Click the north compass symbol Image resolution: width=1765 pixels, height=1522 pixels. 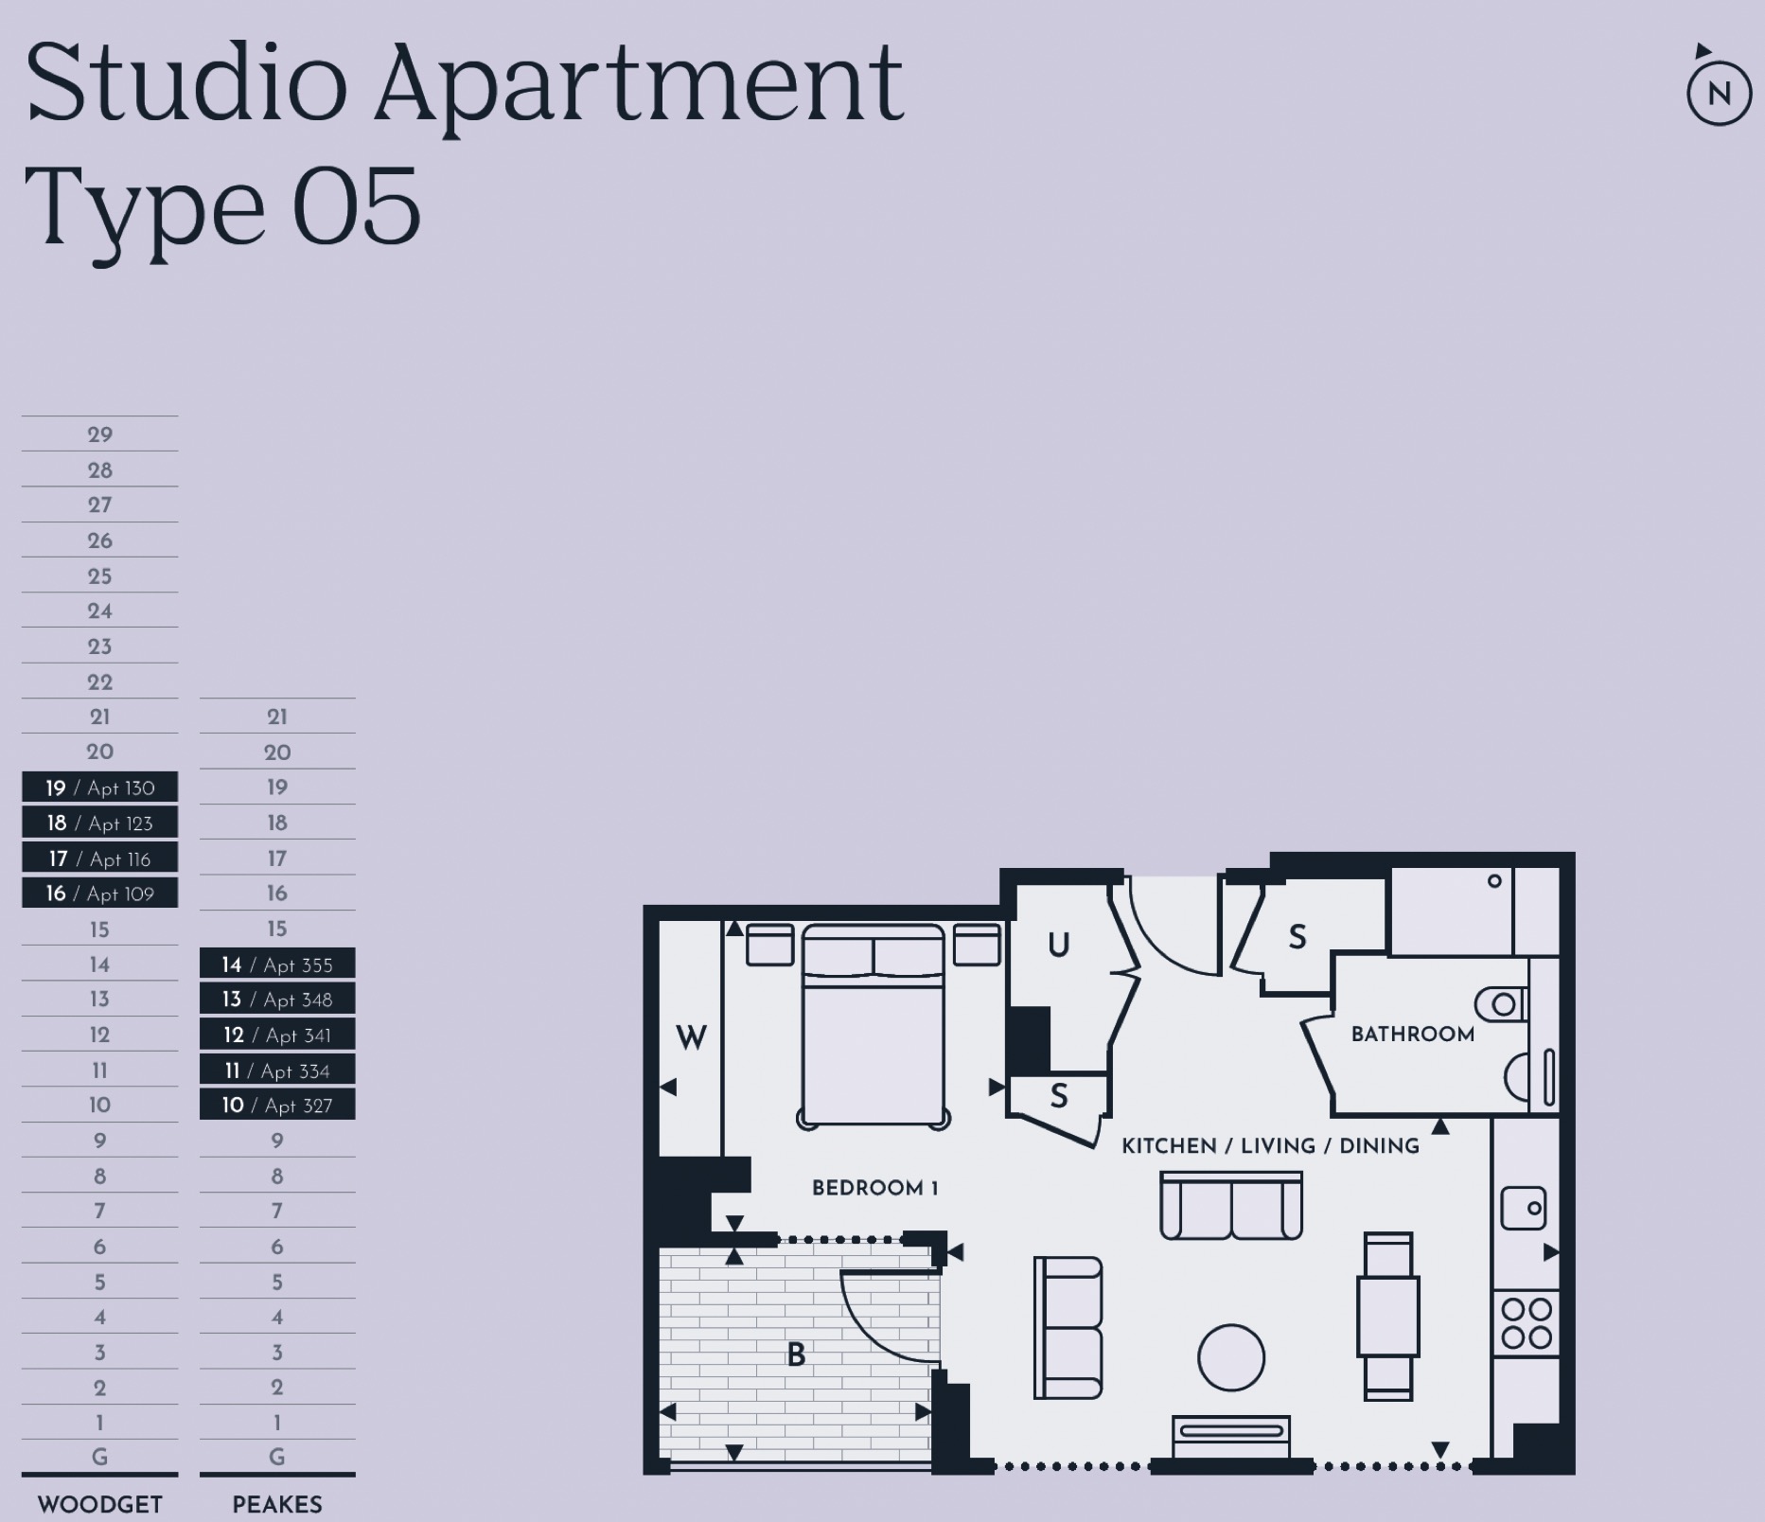point(1719,92)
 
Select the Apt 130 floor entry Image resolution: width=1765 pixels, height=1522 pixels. point(99,788)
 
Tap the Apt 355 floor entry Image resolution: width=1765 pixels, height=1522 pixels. point(277,965)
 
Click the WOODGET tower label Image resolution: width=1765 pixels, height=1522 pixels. point(99,1504)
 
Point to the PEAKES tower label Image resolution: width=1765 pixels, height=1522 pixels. point(277,1504)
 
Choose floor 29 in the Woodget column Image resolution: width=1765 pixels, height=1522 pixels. point(99,434)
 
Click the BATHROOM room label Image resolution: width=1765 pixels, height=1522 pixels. point(1412,1034)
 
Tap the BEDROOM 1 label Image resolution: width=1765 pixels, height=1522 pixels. point(874,1188)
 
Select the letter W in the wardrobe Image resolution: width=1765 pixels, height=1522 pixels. point(691,1037)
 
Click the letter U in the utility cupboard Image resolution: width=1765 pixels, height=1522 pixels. point(1058,945)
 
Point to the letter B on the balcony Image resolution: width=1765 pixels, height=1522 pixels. point(796,1354)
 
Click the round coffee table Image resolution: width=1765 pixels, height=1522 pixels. point(1230,1357)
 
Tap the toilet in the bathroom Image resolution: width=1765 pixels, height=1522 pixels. point(1501,1003)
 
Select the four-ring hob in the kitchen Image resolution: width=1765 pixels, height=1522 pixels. point(1526,1322)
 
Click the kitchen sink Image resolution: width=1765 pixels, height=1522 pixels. point(1523,1209)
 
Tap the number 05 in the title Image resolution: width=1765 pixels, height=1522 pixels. point(356,206)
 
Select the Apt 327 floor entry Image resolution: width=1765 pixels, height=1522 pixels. point(277,1105)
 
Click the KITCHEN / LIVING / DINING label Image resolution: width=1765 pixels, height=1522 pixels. point(1270,1146)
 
